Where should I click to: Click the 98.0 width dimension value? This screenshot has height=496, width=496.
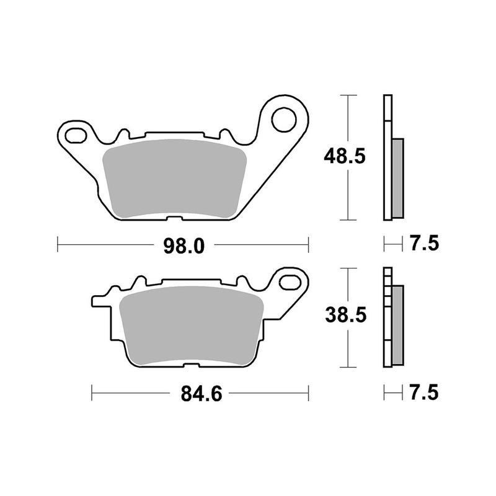coord(184,246)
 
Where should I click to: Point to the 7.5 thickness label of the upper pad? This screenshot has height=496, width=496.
coord(424,244)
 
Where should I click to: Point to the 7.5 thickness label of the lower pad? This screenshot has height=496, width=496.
coord(424,392)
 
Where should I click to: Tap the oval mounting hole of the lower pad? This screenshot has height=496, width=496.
coord(288,283)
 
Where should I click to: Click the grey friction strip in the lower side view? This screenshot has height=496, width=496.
coord(397,325)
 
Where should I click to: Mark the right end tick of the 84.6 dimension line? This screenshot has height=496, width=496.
coord(308,392)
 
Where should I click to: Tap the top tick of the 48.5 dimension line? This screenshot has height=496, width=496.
coord(349,95)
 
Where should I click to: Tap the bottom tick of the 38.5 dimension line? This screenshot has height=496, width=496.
coord(349,366)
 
